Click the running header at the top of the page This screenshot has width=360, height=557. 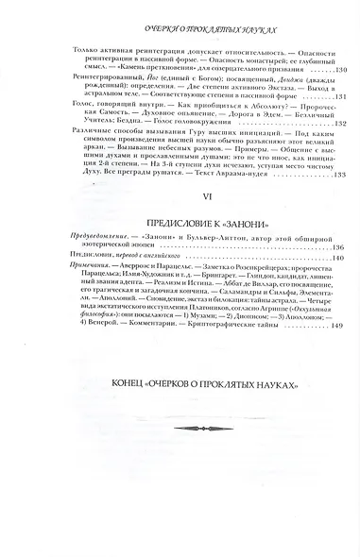click(179, 30)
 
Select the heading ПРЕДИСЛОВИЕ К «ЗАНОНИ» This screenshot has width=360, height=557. click(180, 249)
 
